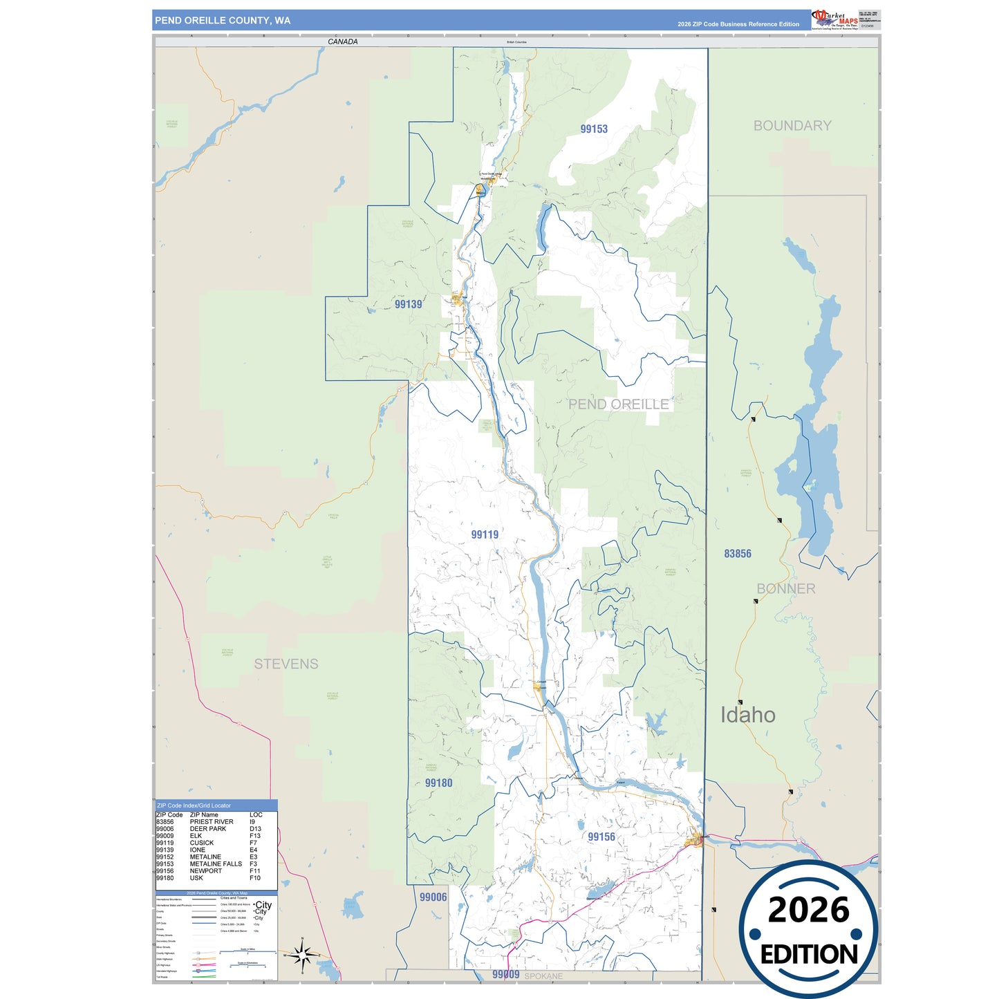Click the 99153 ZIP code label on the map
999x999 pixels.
(x=594, y=129)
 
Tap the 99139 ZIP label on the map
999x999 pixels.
(x=408, y=304)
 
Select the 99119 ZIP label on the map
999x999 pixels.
(x=485, y=534)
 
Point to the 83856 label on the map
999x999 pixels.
(x=738, y=554)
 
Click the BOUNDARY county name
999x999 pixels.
(x=792, y=126)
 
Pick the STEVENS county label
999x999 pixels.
(x=286, y=664)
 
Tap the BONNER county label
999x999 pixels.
(x=786, y=589)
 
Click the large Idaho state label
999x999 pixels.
(x=748, y=715)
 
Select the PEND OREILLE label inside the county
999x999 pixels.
(x=619, y=404)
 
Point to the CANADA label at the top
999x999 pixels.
(x=343, y=42)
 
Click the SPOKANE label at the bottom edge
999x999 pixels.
(x=543, y=976)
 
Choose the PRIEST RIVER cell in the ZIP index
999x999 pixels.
(x=212, y=822)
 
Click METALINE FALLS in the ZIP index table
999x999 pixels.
(x=216, y=864)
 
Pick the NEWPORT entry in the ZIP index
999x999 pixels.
(x=206, y=871)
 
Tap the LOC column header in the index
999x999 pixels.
(x=256, y=815)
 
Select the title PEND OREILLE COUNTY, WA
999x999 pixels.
(x=223, y=21)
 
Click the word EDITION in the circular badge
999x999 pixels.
(x=809, y=955)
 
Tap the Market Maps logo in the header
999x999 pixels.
(x=835, y=20)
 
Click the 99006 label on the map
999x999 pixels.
(x=433, y=897)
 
